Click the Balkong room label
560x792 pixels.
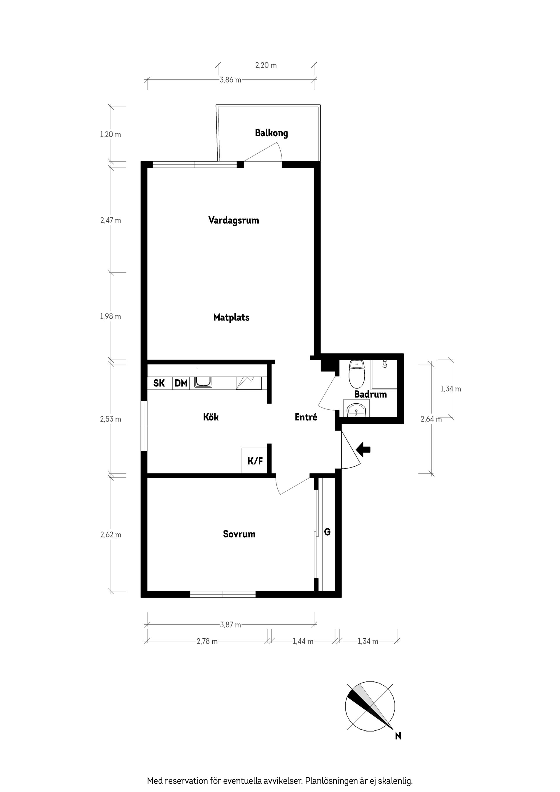[x=271, y=133]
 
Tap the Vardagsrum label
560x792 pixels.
[x=234, y=220]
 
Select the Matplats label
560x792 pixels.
[x=231, y=317]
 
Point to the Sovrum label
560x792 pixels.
[x=239, y=534]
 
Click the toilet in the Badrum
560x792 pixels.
[x=357, y=374]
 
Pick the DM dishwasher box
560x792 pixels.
[x=181, y=383]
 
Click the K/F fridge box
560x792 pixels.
[x=255, y=460]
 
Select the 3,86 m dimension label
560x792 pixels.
[x=230, y=80]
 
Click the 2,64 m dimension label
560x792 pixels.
[x=431, y=419]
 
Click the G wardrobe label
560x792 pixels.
[x=327, y=532]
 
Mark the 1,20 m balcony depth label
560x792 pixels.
[x=111, y=134]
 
